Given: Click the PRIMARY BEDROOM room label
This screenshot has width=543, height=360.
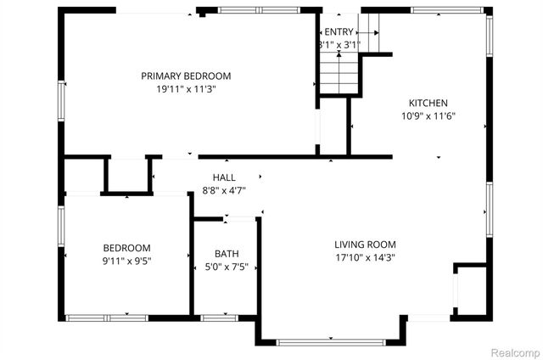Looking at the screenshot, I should (x=186, y=76).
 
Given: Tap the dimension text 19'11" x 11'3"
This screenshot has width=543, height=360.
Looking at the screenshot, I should (x=186, y=89).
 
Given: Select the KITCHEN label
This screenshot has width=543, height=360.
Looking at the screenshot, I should (x=428, y=103).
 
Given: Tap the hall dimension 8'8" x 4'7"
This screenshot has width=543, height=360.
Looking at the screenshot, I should (x=224, y=191).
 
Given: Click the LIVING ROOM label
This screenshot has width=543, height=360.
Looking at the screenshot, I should (x=365, y=245).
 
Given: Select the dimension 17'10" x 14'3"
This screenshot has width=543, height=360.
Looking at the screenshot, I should (x=365, y=258).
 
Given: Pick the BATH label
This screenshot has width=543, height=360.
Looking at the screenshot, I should (x=227, y=253).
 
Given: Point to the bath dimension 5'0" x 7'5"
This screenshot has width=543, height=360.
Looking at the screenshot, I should (x=227, y=267).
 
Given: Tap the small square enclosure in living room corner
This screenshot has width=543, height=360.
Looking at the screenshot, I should (x=467, y=289).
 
